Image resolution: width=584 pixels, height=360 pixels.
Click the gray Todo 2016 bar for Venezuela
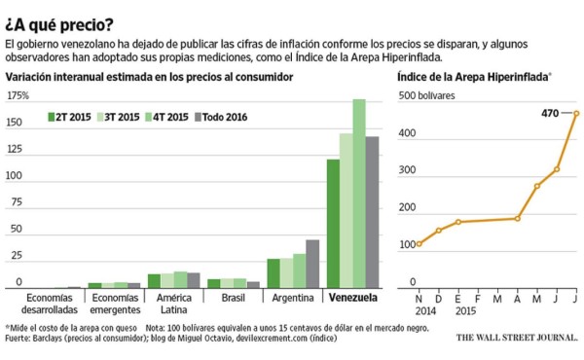(x=372, y=211)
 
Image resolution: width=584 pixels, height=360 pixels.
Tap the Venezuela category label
(x=352, y=298)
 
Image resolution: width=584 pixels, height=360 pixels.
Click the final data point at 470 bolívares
(x=576, y=113)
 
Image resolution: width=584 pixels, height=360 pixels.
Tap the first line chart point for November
(x=419, y=243)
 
